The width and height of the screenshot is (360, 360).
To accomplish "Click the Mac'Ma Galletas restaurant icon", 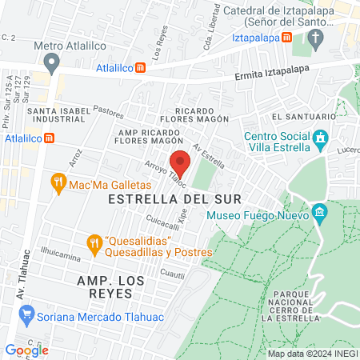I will (58, 182).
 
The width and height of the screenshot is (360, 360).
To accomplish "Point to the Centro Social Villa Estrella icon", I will (321, 141).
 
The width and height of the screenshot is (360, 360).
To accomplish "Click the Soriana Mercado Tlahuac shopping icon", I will (26, 315).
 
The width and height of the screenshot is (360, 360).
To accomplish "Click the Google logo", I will (26, 350).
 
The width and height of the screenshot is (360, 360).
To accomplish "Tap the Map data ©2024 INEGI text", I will (311, 354).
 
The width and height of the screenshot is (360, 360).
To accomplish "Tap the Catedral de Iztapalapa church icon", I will (317, 38).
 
